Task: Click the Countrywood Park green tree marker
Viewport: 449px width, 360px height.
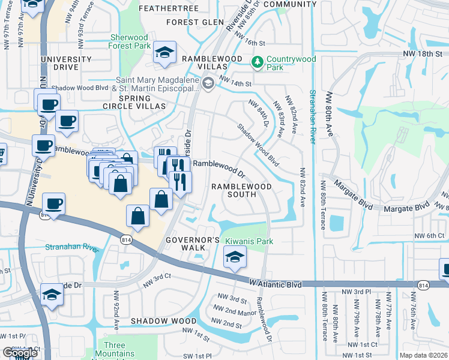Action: pyautogui.click(x=257, y=62)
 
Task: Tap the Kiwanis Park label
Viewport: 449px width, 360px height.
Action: pyautogui.click(x=249, y=241)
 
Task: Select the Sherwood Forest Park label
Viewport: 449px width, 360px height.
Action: pyautogui.click(x=130, y=41)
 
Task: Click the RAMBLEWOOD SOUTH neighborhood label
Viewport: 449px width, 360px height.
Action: pyautogui.click(x=241, y=191)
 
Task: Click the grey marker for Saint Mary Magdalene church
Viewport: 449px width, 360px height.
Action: pyautogui.click(x=208, y=83)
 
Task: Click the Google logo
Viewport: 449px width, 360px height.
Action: pyautogui.click(x=20, y=353)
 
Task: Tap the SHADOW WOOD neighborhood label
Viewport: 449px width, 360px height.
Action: pyautogui.click(x=155, y=321)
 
